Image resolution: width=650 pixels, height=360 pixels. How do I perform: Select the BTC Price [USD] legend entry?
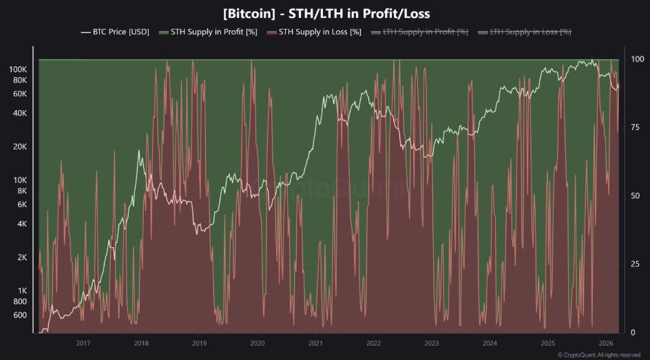pyautogui.click(x=116, y=32)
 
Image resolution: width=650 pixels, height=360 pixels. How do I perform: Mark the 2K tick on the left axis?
pyautogui.click(x=20, y=257)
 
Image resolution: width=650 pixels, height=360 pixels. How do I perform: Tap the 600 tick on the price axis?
pyautogui.click(x=19, y=315)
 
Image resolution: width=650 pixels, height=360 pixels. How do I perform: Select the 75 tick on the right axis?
pyautogui.click(x=637, y=127)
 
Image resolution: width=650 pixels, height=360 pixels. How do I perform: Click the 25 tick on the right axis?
pyautogui.click(x=637, y=264)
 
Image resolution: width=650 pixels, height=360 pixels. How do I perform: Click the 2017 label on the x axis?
pyautogui.click(x=83, y=343)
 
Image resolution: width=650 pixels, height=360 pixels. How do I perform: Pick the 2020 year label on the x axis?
pyautogui.click(x=257, y=343)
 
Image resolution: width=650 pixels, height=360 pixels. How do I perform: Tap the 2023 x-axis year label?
pyautogui.click(x=432, y=343)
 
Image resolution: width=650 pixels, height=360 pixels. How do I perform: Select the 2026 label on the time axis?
pyautogui.click(x=606, y=343)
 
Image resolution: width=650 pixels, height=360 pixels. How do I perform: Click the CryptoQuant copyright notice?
pyautogui.click(x=599, y=355)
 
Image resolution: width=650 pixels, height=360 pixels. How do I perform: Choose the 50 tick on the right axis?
pyautogui.click(x=637, y=196)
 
